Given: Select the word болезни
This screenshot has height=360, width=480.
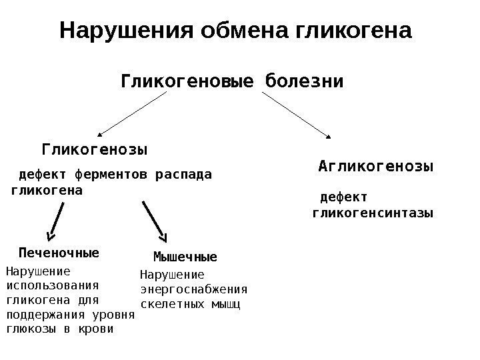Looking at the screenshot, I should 304,82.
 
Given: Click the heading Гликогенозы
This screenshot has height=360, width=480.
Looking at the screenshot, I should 95,147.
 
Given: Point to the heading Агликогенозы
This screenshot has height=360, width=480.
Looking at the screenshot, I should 376,165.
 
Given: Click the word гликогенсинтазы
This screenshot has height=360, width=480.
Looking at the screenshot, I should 373,213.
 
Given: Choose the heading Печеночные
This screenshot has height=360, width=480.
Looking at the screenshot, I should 59,253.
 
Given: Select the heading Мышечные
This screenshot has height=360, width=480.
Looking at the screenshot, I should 185,257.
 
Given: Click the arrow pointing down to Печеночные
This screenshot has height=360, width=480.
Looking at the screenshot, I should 55,220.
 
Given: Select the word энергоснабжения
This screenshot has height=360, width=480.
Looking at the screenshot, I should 194,289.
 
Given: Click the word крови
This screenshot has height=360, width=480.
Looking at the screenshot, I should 97,329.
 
